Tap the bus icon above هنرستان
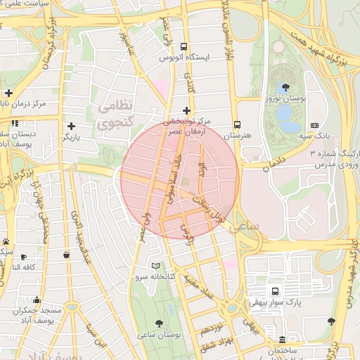(237, 122)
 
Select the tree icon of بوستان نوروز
(285, 88)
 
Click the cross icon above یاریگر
(71, 125)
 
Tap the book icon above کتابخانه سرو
(156, 266)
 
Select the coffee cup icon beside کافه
(24, 257)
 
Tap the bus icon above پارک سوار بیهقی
(274, 291)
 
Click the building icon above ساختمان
(282, 340)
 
